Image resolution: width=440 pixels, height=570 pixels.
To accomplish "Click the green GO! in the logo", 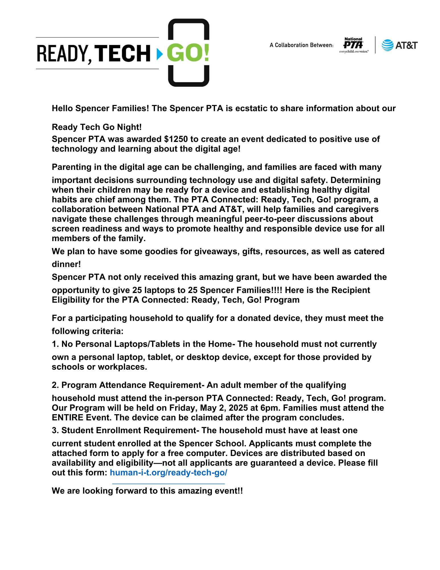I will pyautogui.click(x=188, y=53).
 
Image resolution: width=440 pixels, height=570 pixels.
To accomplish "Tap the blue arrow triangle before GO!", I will pyautogui.click(x=160, y=53).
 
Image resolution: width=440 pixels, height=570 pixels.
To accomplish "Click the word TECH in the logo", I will pyautogui.click(x=122, y=53).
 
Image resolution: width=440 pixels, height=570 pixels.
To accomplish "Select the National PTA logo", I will pyautogui.click(x=353, y=45).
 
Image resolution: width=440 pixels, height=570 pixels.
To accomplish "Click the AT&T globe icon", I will pyautogui.click(x=387, y=45).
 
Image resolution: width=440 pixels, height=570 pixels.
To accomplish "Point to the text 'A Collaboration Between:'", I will pyautogui.click(x=301, y=45).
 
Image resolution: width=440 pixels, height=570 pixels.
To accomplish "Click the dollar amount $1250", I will pyautogui.click(x=176, y=139).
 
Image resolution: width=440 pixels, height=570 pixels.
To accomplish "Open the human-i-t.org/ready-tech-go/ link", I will pyautogui.click(x=168, y=473).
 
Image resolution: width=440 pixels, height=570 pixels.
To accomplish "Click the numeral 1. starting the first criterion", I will pyautogui.click(x=55, y=344).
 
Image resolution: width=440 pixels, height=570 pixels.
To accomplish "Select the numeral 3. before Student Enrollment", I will pyautogui.click(x=55, y=430).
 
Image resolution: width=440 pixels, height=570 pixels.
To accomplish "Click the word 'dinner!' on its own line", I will pyautogui.click(x=66, y=264).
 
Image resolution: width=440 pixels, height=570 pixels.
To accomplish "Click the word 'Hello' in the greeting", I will pyautogui.click(x=62, y=108).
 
